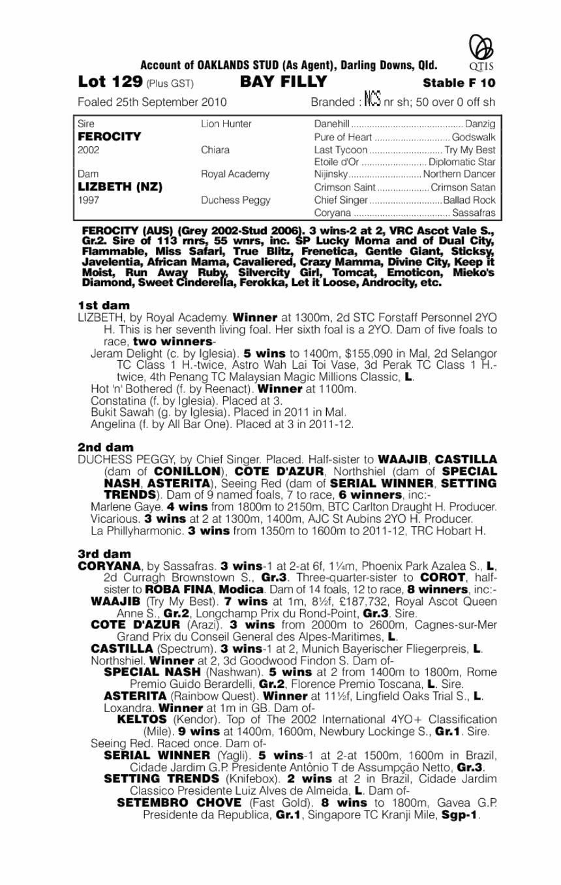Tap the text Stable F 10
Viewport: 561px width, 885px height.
(x=459, y=83)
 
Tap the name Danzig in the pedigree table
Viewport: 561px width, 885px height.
(x=481, y=124)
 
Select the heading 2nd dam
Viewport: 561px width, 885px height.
(x=105, y=447)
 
